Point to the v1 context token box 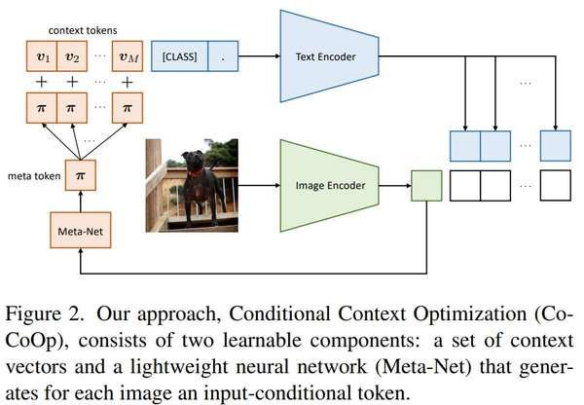40,55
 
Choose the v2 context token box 73,55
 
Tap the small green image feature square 426,184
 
